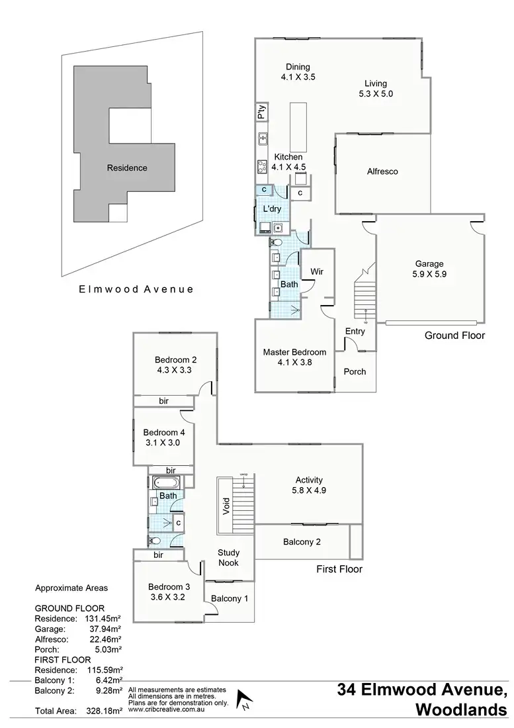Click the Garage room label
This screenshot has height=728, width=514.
pos(429,263)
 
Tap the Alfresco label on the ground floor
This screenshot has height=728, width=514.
pos(382,171)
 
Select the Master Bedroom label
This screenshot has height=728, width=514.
pos(294,352)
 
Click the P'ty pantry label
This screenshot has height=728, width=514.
pos(262,112)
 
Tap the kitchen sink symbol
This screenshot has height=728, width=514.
pos(262,139)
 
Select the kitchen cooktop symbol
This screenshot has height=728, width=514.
pos(262,165)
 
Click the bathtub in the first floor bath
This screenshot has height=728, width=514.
pos(165,482)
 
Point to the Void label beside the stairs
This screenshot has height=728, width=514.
pos(226,506)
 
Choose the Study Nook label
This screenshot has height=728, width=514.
pos(229,558)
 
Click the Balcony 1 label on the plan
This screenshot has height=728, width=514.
pos(229,598)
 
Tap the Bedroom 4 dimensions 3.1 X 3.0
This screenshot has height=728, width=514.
pos(163,443)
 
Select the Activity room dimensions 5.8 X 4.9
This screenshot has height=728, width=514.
pos(309,490)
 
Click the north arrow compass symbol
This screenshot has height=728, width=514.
pos(245,700)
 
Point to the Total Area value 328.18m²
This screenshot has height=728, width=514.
pos(105,711)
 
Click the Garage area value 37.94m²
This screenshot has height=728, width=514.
pos(105,629)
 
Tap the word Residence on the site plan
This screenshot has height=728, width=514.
pos(127,168)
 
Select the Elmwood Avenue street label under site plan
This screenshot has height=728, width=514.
pos(136,289)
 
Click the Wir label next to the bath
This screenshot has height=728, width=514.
pos(317,271)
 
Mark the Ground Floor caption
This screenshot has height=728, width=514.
pos(454,336)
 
